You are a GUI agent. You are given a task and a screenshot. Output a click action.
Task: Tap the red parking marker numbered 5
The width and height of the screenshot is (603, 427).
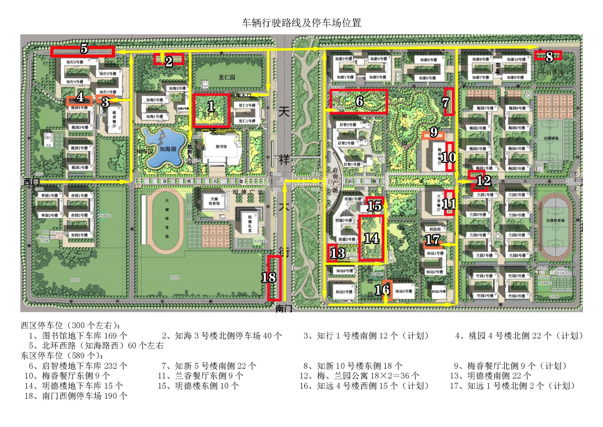[x=84, y=49]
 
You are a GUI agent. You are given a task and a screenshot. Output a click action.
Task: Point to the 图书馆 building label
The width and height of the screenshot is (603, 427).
[x=221, y=146]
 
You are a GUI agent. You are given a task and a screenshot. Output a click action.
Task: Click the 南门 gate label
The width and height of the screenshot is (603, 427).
[x=284, y=309]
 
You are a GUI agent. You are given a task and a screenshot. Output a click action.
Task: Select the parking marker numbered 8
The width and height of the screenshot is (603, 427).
[x=549, y=56]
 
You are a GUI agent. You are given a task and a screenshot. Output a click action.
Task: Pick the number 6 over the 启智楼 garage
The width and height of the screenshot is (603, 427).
[x=359, y=101]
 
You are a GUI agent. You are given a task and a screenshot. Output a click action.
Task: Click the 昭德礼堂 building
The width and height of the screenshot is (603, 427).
[x=250, y=224]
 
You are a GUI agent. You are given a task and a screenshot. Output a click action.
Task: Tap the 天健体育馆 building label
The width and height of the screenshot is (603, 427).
[x=214, y=201]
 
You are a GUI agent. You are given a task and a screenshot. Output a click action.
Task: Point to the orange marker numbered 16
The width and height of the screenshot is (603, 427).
[x=385, y=289]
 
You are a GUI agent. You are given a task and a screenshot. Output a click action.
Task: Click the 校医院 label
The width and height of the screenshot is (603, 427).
[x=435, y=229]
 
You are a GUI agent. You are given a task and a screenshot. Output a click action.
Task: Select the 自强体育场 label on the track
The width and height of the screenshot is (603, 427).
[x=555, y=220]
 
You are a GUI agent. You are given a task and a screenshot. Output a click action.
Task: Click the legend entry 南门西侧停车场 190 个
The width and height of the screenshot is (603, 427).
[x=76, y=396]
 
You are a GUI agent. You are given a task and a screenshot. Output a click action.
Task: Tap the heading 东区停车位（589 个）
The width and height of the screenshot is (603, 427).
[x=62, y=356]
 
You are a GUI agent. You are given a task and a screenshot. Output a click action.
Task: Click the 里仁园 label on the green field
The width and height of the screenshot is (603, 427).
[x=227, y=77]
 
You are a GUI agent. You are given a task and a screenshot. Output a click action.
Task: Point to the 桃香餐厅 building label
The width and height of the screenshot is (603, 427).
[x=114, y=119]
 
